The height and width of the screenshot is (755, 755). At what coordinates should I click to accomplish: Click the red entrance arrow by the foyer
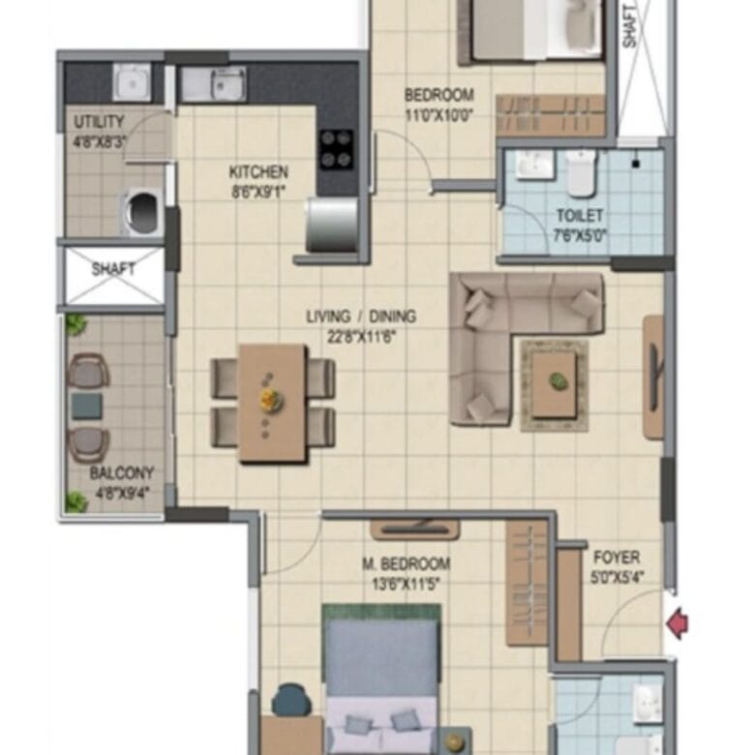point(678,623)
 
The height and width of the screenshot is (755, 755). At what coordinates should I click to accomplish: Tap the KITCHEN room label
point(258,172)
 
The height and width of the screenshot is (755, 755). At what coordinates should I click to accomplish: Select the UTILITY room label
point(99,122)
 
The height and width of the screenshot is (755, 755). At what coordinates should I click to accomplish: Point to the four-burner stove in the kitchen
point(336,149)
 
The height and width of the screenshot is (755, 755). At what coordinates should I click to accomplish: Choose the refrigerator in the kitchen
point(332,225)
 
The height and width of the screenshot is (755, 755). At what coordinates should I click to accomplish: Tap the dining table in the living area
point(273,403)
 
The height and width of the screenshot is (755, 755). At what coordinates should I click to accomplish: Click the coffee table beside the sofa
point(555,383)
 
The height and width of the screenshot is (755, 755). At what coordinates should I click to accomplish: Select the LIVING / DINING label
point(361,317)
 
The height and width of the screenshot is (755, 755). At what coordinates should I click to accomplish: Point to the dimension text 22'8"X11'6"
point(361,337)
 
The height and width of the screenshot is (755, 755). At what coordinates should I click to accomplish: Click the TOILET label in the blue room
point(580,215)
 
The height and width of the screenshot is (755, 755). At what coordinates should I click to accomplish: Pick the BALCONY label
point(122,472)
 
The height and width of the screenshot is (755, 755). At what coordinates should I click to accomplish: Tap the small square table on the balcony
point(87,406)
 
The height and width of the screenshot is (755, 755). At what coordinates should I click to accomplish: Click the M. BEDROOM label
point(406,563)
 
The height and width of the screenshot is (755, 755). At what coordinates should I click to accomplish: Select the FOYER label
point(617,558)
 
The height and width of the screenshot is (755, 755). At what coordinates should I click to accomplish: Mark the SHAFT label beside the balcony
point(113,268)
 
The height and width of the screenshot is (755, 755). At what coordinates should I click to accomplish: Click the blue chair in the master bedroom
point(291,700)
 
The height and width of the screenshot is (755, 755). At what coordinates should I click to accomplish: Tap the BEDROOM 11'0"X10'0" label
point(439,105)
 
